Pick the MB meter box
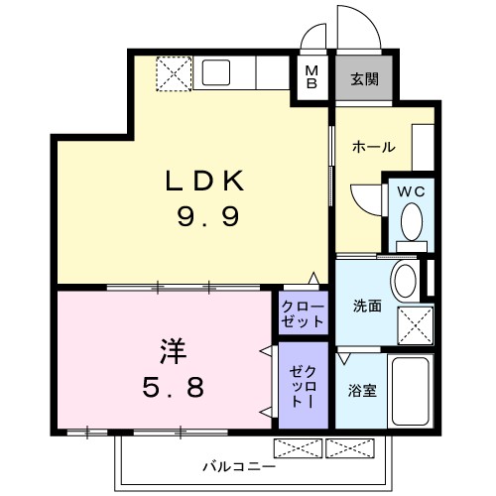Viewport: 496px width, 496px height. tap(311, 77)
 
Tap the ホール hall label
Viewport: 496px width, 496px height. tap(373, 147)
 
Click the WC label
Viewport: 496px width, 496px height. tap(412, 191)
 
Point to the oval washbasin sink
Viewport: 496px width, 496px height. tap(404, 281)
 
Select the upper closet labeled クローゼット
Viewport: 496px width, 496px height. tap(302, 312)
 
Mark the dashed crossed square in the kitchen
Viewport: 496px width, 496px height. tap(175, 72)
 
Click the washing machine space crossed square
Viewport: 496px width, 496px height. tap(416, 324)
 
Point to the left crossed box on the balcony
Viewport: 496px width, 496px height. tap(298, 447)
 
